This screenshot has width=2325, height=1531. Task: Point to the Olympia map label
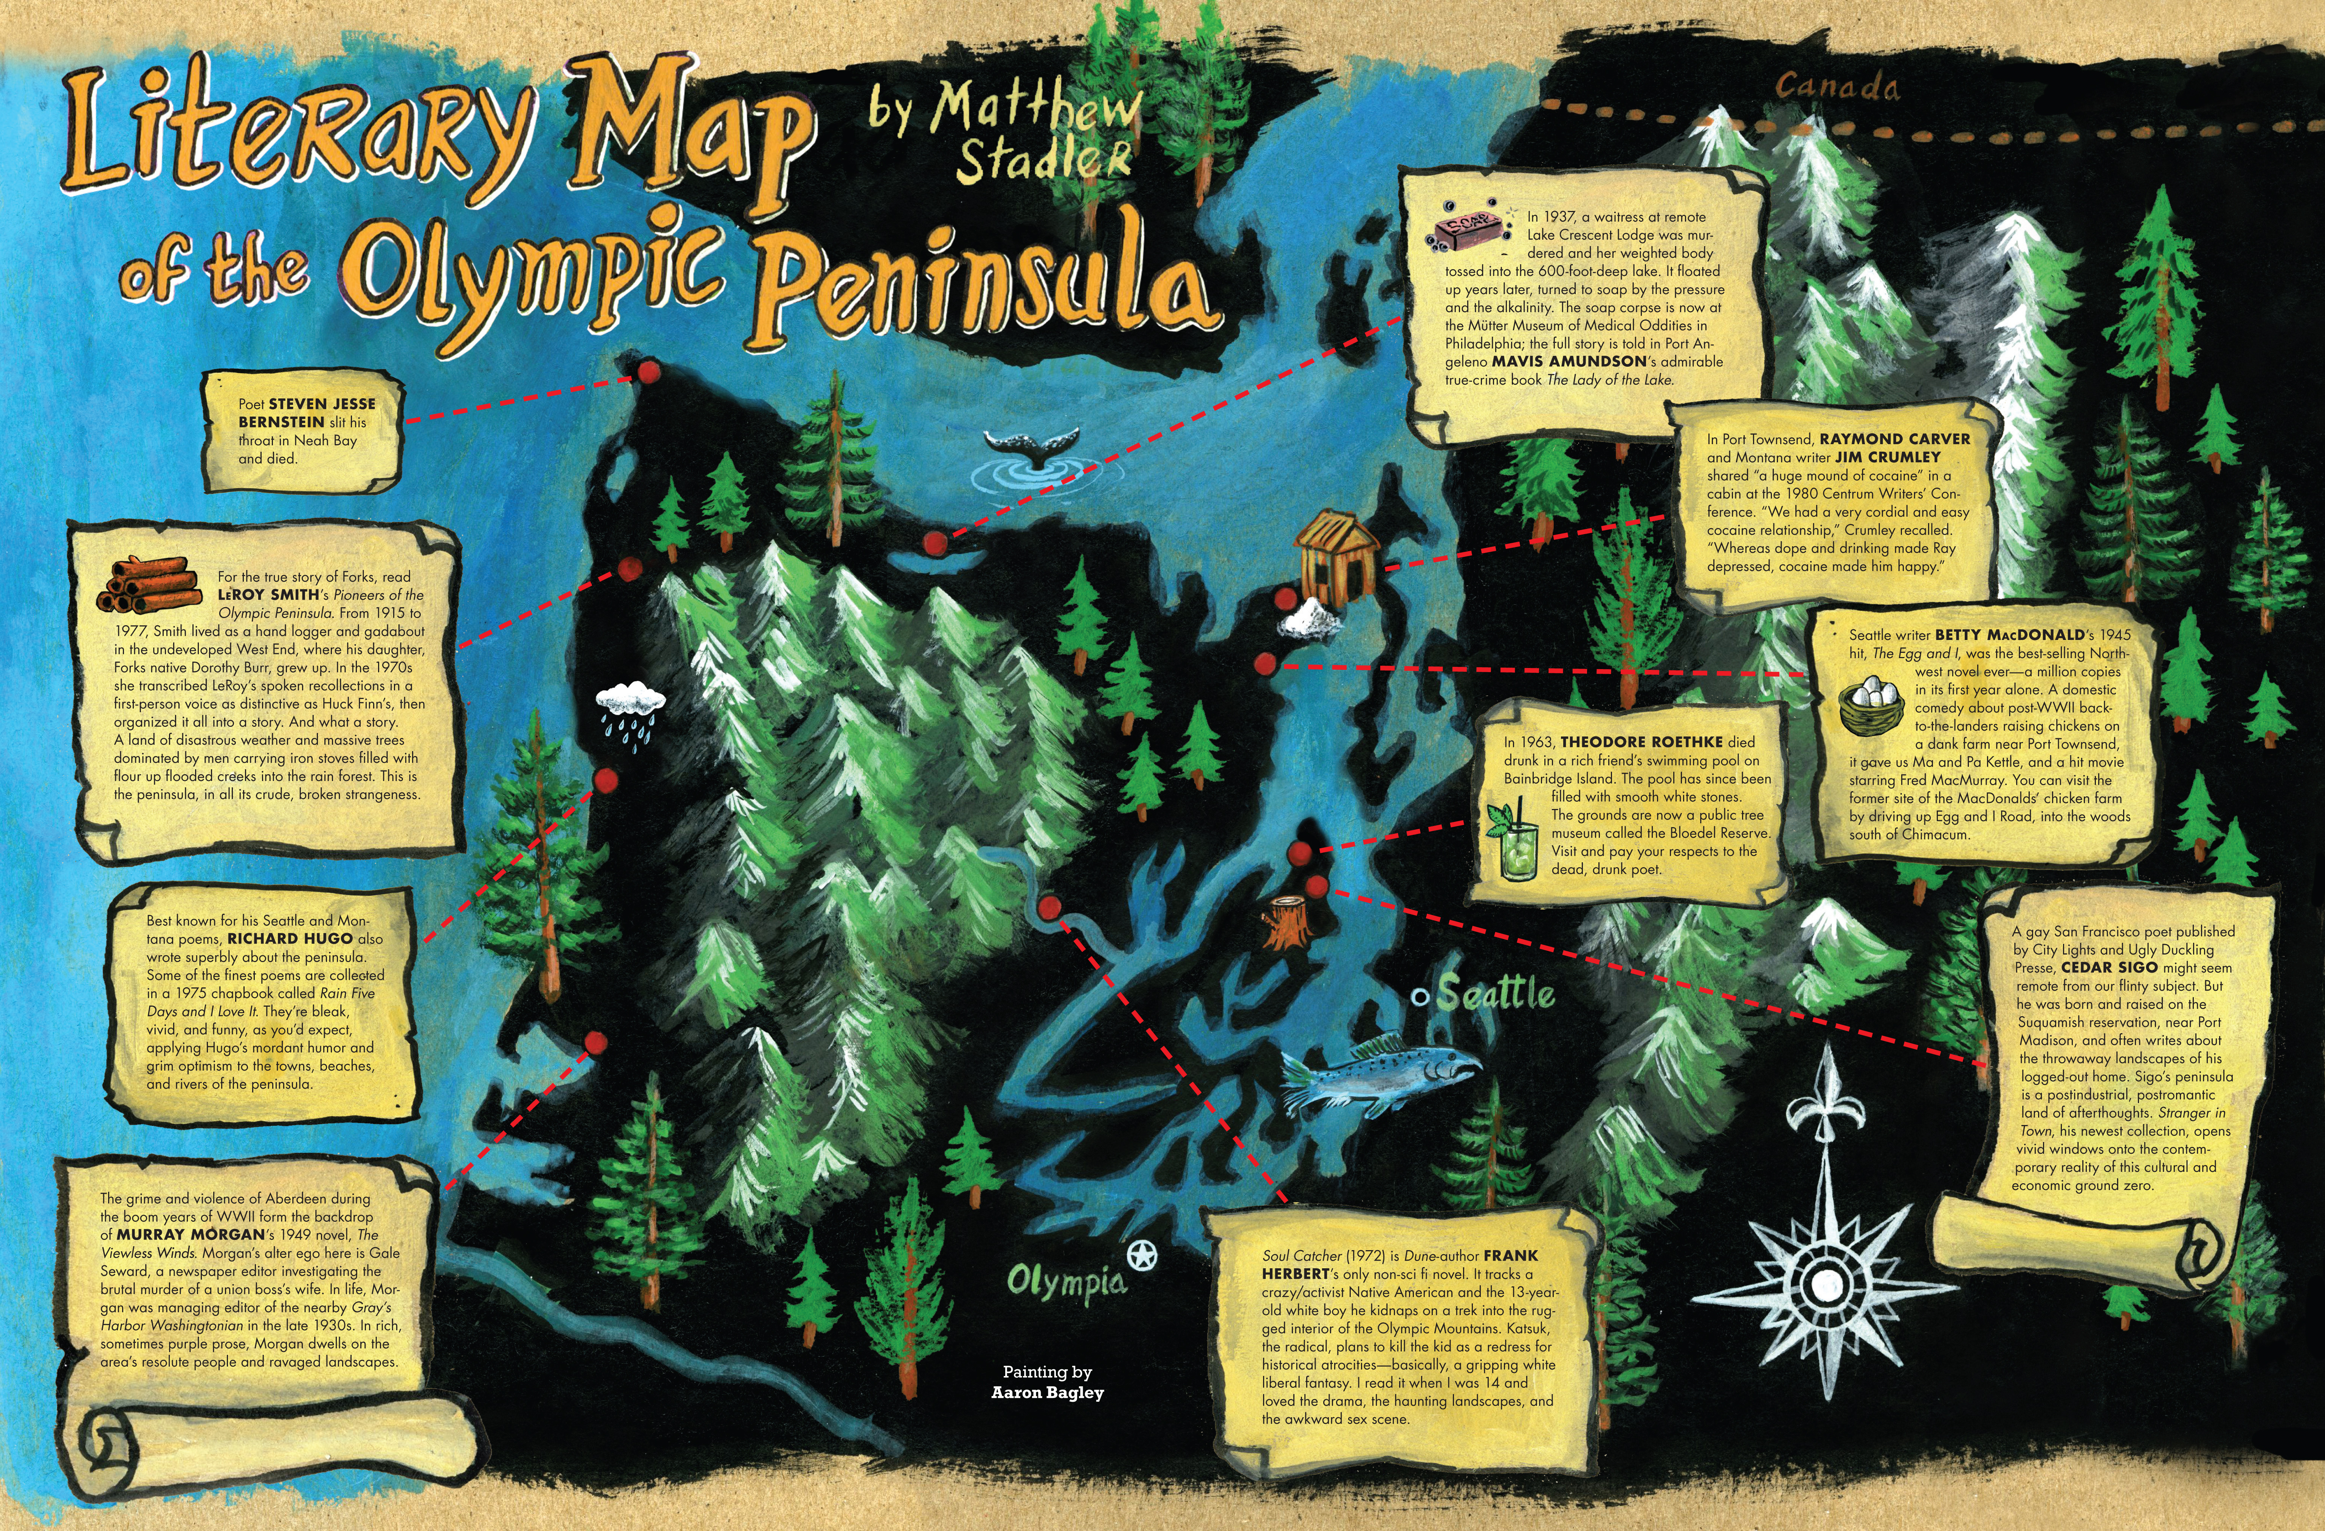1067,1280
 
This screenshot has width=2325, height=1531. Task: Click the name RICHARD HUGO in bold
290,938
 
